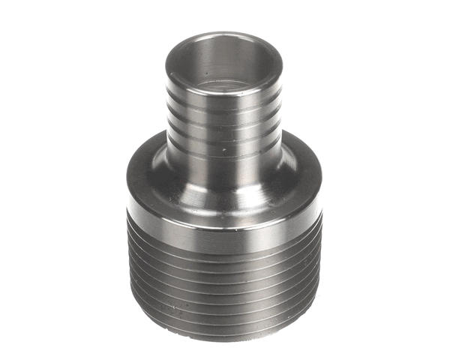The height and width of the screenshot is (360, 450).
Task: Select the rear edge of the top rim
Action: tap(223, 34)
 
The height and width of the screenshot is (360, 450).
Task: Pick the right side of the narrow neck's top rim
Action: tap(281, 63)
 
